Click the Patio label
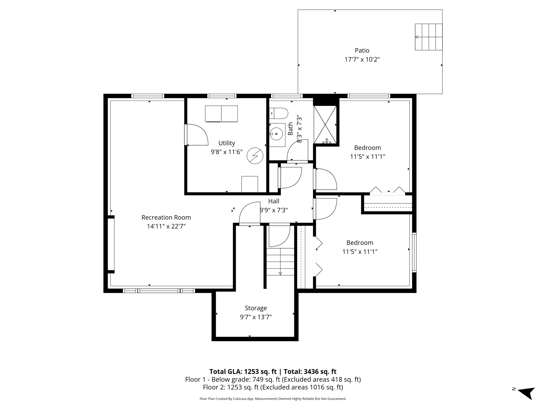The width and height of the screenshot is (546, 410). click(x=362, y=50)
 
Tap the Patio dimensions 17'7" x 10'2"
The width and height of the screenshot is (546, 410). click(x=362, y=59)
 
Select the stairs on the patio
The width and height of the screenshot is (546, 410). click(x=429, y=37)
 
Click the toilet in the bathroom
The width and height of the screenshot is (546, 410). click(x=279, y=113)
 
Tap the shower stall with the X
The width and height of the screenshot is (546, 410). click(x=325, y=125)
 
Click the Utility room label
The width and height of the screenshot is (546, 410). click(x=227, y=143)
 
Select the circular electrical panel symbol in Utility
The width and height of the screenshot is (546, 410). click(x=255, y=156)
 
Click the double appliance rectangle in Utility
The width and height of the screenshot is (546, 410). click(x=221, y=114)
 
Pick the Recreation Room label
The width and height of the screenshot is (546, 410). click(x=166, y=217)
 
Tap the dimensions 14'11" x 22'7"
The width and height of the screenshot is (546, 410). click(x=166, y=226)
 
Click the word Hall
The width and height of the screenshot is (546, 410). click(x=274, y=201)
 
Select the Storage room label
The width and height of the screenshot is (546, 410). click(x=256, y=308)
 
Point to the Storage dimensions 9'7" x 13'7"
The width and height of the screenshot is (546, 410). click(x=256, y=317)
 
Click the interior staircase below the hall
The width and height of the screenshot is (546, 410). click(x=280, y=262)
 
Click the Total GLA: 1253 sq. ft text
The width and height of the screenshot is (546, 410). click(x=243, y=371)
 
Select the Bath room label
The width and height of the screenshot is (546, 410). click(x=290, y=129)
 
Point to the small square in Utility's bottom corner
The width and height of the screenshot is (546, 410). click(x=250, y=184)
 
